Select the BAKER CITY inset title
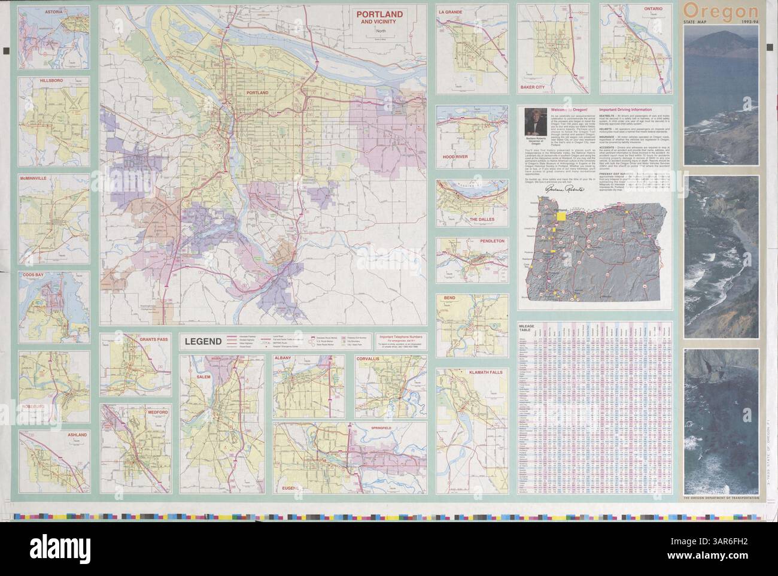point(533,87)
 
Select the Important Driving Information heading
point(633,111)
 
